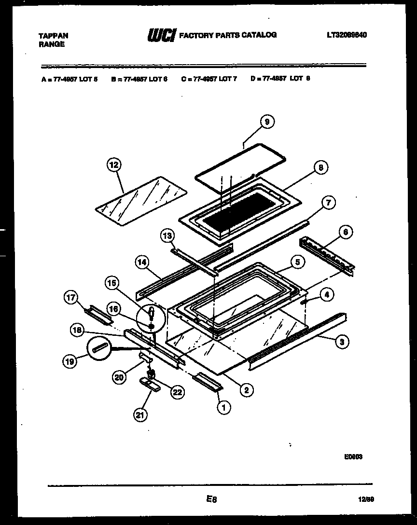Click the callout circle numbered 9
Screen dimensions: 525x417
(x=266, y=122)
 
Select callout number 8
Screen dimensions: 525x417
(x=320, y=167)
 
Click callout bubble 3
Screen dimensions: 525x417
(x=341, y=342)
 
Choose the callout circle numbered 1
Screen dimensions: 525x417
(x=223, y=408)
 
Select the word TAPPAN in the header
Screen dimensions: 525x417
(x=53, y=36)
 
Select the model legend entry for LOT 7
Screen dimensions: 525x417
(x=209, y=79)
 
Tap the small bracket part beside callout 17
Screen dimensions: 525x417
(x=99, y=314)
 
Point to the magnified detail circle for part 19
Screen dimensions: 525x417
(x=99, y=347)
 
